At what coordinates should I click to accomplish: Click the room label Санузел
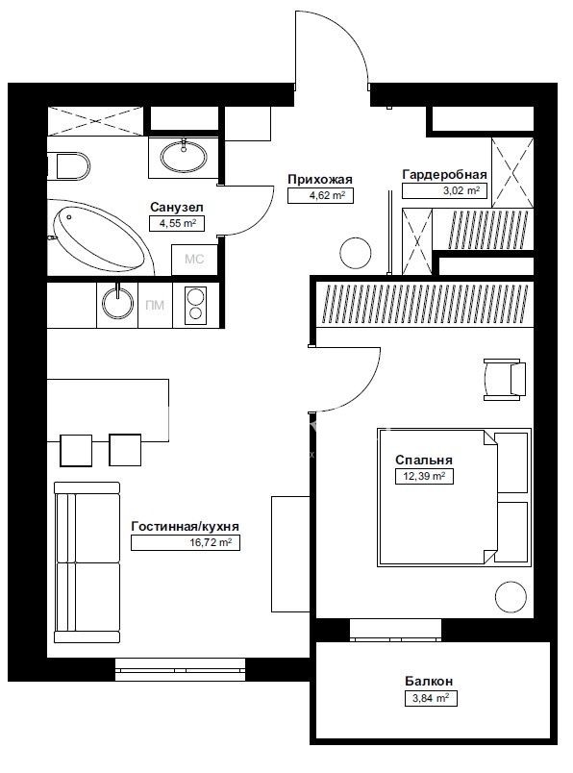177,207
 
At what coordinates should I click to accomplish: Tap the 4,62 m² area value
327,195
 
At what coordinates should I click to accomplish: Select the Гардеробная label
444,175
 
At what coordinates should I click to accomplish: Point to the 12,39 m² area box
425,476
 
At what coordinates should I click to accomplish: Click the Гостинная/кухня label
185,527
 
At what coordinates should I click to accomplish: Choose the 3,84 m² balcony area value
431,698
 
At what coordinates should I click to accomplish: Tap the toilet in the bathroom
69,166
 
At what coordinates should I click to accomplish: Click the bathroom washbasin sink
184,157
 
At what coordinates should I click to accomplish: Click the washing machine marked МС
194,260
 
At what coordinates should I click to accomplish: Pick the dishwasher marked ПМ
155,305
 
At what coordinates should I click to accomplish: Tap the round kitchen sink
117,303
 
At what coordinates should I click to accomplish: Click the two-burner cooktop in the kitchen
195,305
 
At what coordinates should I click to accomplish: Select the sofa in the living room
87,562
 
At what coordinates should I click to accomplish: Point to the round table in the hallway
355,253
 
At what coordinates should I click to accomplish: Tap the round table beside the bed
511,597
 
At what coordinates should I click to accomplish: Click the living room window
180,669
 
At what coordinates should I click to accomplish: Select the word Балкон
429,682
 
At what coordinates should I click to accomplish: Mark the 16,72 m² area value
212,543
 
